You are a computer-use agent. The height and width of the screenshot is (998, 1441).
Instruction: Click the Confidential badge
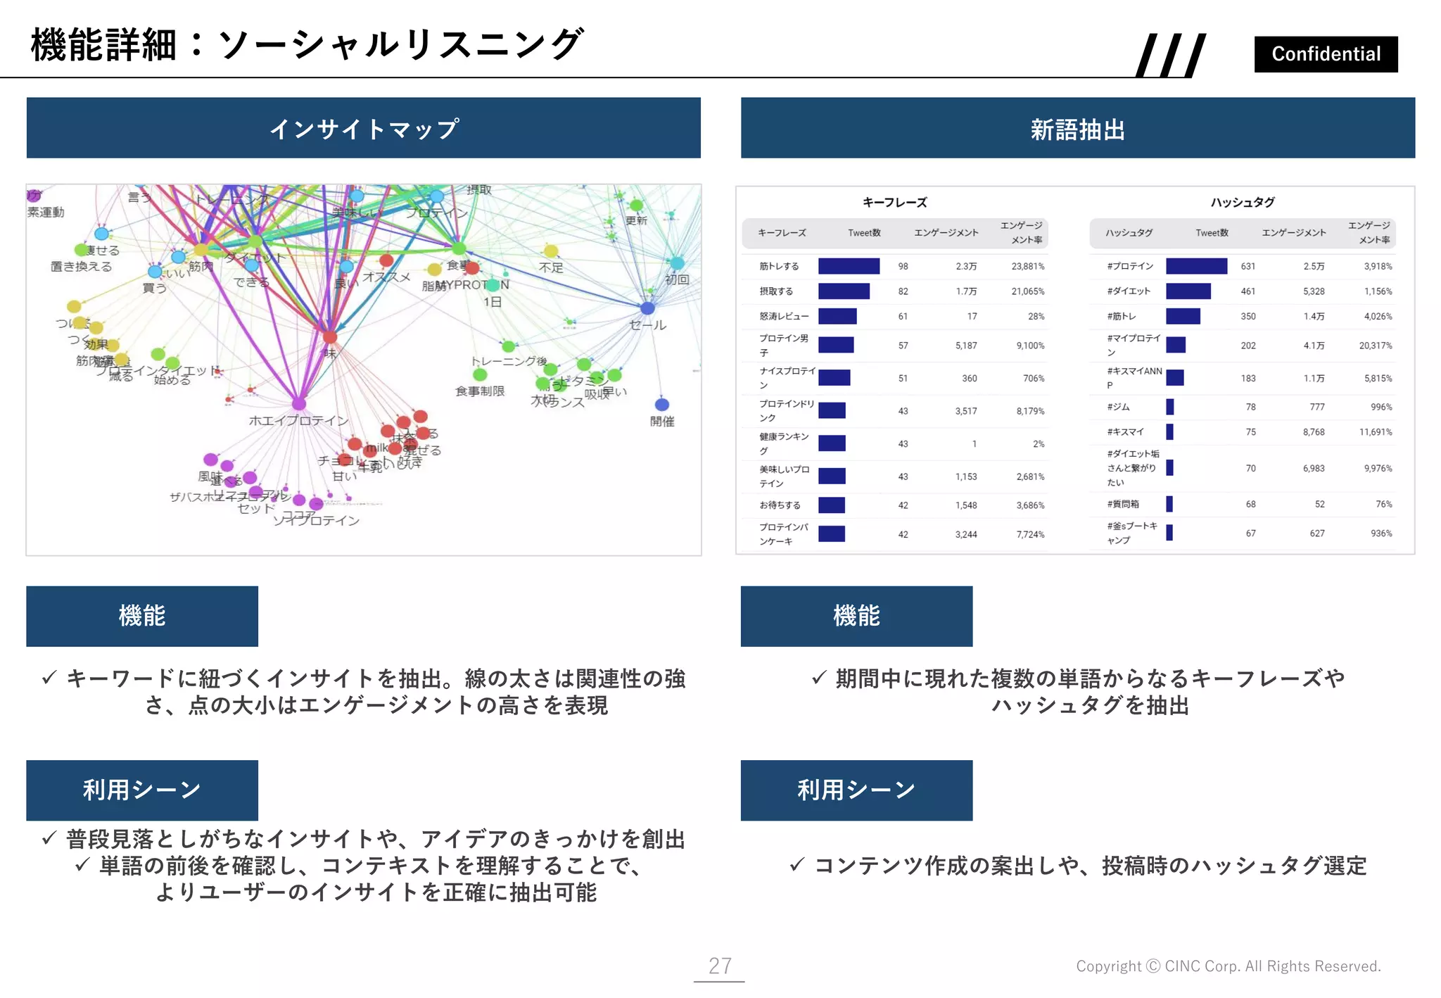tap(1326, 54)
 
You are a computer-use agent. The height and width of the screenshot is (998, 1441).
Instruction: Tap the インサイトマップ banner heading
tap(364, 128)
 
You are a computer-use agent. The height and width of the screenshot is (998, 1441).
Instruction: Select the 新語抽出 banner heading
tap(1077, 130)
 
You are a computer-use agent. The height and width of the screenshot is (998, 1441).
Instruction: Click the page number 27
tap(719, 966)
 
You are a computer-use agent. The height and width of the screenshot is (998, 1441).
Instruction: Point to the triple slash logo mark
tap(1171, 55)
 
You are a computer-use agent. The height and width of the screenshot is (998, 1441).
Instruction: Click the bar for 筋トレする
tap(849, 266)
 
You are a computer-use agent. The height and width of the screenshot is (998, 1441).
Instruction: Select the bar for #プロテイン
tap(1196, 266)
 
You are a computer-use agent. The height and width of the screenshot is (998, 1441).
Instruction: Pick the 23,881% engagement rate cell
tap(1027, 267)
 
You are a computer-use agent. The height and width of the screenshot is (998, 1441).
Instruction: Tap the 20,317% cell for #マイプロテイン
tap(1375, 346)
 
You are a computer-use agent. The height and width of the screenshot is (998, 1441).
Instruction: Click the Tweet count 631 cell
tap(1248, 267)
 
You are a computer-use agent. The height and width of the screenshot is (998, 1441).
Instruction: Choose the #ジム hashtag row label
tap(1118, 407)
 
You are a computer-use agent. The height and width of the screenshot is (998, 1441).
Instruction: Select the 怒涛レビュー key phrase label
tap(784, 317)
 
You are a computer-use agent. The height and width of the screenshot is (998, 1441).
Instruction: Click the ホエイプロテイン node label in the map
tap(298, 421)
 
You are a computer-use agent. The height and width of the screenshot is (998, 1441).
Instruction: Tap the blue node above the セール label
tap(647, 308)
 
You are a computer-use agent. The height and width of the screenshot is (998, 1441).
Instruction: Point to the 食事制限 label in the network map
tap(480, 391)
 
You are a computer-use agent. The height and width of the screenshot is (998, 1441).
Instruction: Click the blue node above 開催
tap(661, 405)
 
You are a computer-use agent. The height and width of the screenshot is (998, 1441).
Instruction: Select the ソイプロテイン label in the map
tap(317, 521)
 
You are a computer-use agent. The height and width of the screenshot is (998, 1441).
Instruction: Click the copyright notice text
tap(1228, 966)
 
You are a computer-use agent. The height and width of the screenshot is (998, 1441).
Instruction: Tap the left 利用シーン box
tap(142, 790)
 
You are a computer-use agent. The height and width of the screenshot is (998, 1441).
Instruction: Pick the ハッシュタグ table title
tap(1242, 203)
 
